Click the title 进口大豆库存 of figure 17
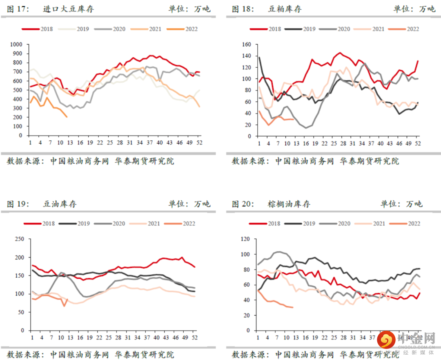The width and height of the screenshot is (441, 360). click(x=68, y=9)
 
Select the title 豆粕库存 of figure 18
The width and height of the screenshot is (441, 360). click(x=285, y=9)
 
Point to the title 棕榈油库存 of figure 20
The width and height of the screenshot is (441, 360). click(x=289, y=204)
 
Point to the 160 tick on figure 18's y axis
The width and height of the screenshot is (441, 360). click(x=247, y=44)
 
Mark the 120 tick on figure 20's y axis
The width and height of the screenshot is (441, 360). click(x=245, y=239)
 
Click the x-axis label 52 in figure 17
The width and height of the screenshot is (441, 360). click(x=199, y=142)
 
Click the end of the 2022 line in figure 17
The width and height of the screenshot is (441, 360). click(x=67, y=117)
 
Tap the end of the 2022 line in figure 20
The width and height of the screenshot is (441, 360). click(x=293, y=307)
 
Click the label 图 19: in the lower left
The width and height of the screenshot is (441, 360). click(x=18, y=204)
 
